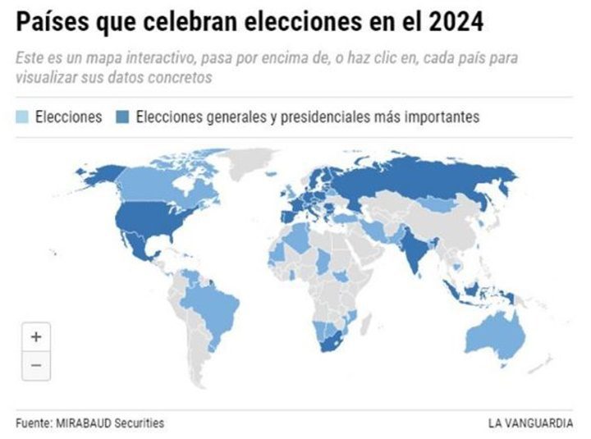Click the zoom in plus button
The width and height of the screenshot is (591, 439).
36,336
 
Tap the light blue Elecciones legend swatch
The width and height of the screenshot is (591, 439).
22,117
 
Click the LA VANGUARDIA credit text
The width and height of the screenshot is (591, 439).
530,423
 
